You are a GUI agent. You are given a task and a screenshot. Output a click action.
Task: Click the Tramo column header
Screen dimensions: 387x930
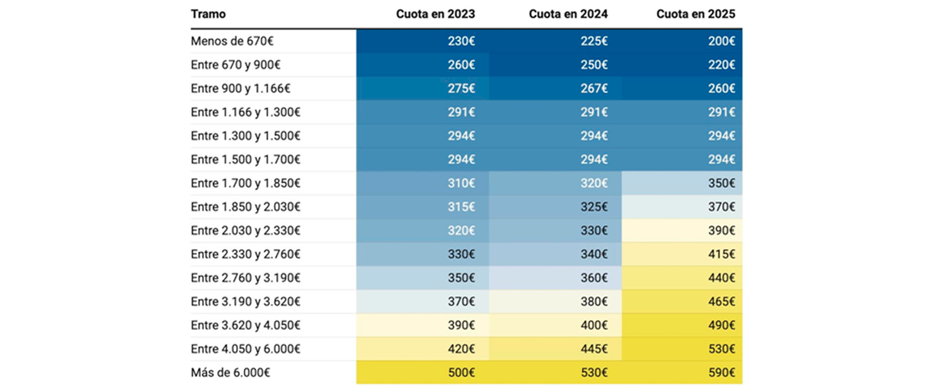[x=208, y=14]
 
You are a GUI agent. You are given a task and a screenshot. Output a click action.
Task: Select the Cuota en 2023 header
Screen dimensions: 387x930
[x=435, y=14]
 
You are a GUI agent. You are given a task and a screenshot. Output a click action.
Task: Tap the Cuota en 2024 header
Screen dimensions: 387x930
[x=568, y=14]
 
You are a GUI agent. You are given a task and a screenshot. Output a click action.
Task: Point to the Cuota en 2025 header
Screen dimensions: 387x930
[x=696, y=14]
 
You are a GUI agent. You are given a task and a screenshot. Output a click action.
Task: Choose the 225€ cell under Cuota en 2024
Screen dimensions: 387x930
[x=594, y=41]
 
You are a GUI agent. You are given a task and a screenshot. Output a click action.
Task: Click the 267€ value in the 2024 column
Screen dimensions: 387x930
[x=594, y=89]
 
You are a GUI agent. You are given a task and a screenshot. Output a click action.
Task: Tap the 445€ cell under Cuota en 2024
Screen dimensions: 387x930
[x=594, y=349]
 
